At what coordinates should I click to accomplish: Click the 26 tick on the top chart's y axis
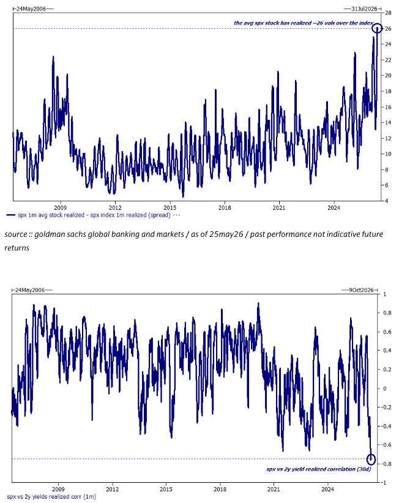[388, 29]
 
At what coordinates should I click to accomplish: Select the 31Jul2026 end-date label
[364, 9]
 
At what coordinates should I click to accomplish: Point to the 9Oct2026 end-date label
[362, 290]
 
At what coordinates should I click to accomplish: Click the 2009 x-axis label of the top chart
[61, 207]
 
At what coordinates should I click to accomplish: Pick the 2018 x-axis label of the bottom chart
[220, 489]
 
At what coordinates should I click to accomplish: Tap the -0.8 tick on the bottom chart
[387, 464]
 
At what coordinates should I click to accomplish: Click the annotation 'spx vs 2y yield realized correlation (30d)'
[318, 469]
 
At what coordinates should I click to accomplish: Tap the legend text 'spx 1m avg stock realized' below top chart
[51, 215]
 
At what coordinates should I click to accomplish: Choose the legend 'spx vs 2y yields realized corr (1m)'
[51, 497]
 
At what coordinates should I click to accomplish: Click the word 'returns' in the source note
[17, 248]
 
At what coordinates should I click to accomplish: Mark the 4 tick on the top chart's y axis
[387, 201]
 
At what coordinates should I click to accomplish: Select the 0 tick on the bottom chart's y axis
[385, 389]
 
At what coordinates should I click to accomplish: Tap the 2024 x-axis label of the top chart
[334, 207]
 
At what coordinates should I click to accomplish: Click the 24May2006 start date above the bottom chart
[30, 290]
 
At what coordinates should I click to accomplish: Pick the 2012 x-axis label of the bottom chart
[112, 489]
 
